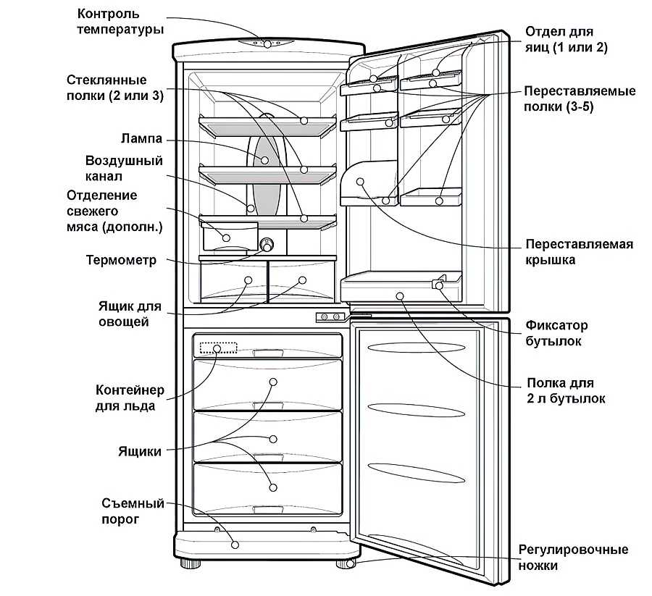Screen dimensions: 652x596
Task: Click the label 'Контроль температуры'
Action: click(x=120, y=22)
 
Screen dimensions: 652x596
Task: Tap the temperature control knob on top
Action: click(x=267, y=43)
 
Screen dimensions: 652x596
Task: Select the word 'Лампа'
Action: click(x=141, y=138)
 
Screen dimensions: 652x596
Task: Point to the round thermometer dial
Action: click(x=267, y=245)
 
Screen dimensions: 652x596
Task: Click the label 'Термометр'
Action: click(x=121, y=260)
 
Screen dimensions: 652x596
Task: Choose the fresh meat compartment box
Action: click(x=230, y=236)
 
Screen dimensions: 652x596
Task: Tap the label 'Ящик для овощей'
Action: click(x=130, y=314)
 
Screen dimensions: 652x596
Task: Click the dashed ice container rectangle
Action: click(x=218, y=348)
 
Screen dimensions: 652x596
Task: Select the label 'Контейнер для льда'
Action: click(x=130, y=398)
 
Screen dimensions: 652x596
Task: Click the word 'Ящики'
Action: click(x=140, y=451)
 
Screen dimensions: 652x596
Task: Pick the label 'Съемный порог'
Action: click(x=133, y=511)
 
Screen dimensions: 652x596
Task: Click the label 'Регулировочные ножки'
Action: click(x=573, y=558)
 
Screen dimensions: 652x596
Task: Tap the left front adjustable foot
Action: click(x=191, y=564)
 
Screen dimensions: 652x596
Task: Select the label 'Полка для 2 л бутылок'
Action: click(x=566, y=390)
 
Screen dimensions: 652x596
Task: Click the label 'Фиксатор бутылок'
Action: click(x=556, y=333)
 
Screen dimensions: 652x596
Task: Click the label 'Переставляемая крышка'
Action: click(x=579, y=252)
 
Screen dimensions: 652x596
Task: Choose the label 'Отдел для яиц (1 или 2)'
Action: click(x=566, y=39)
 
